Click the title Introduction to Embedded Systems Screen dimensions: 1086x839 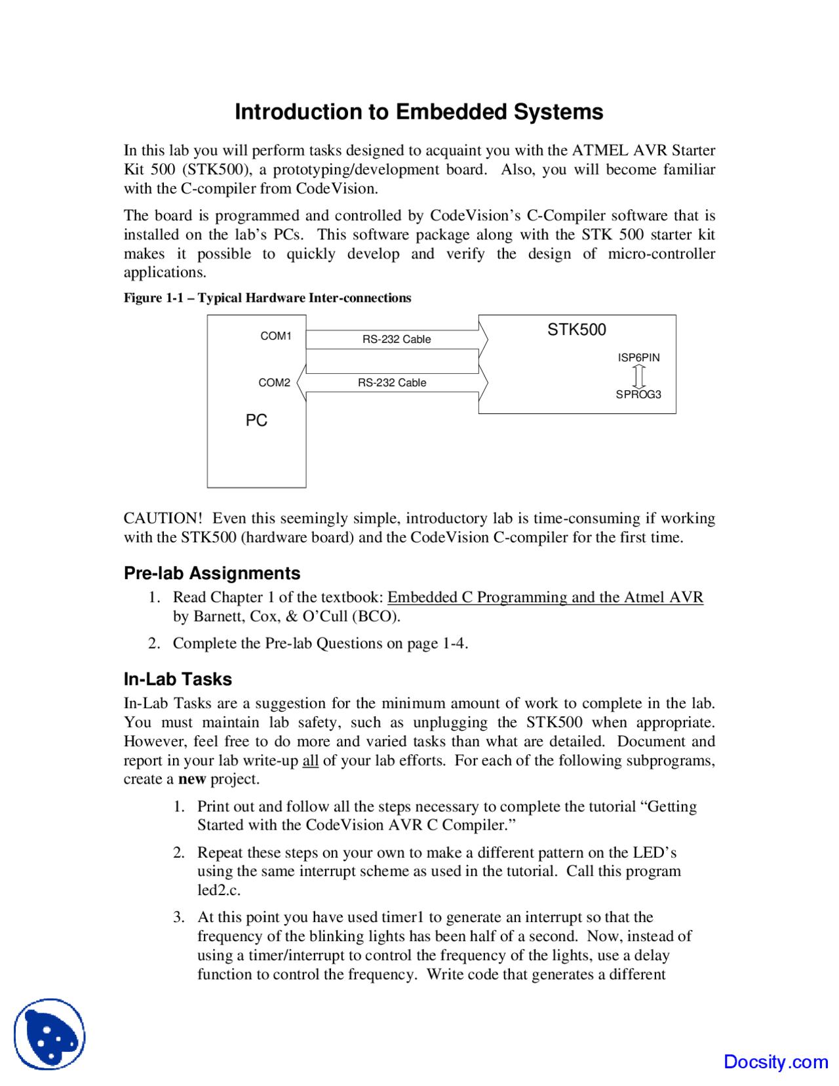tap(419, 112)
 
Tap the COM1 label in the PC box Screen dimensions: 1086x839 tap(276, 336)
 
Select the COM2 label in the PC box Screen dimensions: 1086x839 tap(274, 382)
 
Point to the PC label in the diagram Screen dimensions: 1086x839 tap(256, 420)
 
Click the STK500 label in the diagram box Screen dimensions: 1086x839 tap(577, 330)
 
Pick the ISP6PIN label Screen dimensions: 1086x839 tap(638, 357)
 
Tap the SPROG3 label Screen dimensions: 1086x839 tap(638, 394)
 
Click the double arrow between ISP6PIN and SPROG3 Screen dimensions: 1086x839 tap(639, 376)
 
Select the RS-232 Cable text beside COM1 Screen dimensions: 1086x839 tap(397, 339)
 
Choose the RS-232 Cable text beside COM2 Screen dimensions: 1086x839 tap(392, 382)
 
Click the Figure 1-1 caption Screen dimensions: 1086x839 tap(267, 298)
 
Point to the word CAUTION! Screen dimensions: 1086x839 tap(163, 518)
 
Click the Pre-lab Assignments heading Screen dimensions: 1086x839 tap(212, 573)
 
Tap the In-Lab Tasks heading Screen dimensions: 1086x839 tap(178, 679)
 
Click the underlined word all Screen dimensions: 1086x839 tap(310, 761)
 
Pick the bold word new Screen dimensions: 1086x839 tap(192, 779)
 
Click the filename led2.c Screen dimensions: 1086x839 tap(219, 890)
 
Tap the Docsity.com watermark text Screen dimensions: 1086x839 tap(775, 1062)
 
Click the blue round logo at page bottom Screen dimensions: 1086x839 tap(50, 1034)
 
